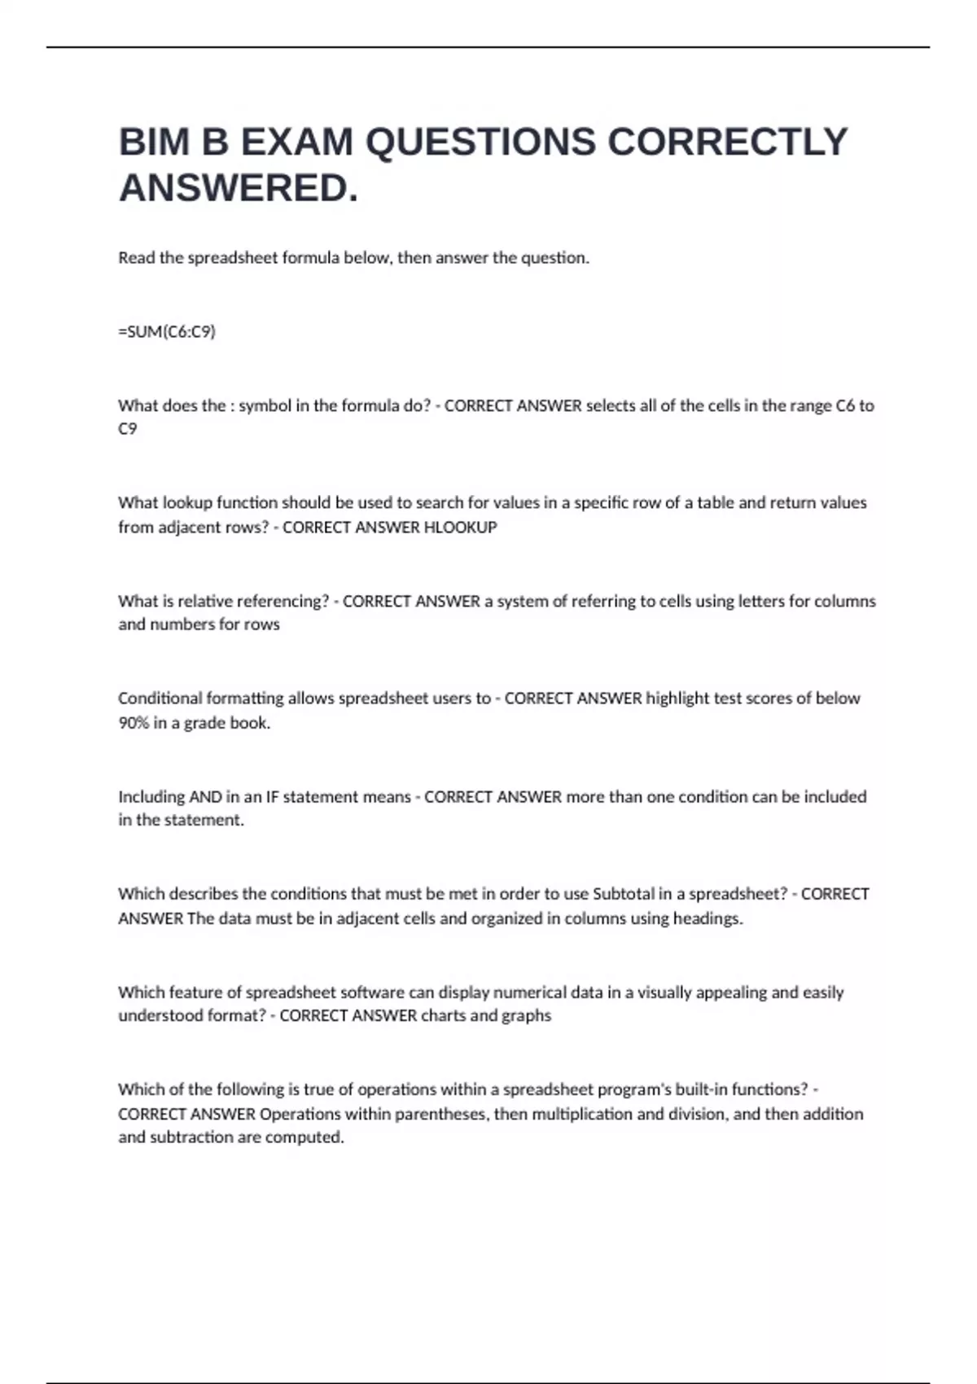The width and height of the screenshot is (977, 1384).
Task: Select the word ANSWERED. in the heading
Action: [x=239, y=189]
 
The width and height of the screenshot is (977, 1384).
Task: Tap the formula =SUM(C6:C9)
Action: [x=167, y=331]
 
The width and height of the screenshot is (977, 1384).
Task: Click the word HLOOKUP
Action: [x=461, y=528]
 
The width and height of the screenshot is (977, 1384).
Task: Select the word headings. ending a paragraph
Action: [x=708, y=918]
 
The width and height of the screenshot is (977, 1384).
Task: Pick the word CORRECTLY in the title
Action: [x=727, y=142]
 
